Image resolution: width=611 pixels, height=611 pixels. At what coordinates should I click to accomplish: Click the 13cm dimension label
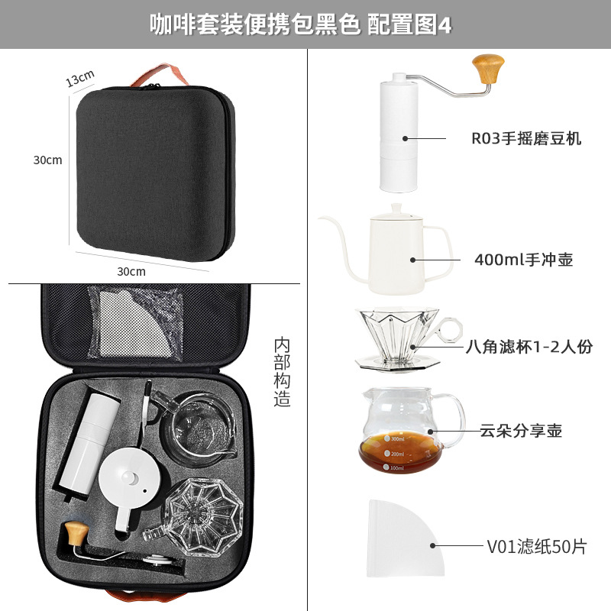(80, 78)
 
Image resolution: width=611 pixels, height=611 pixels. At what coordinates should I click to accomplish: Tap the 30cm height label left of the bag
(47, 160)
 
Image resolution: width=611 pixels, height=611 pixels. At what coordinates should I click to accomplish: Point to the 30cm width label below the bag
(131, 271)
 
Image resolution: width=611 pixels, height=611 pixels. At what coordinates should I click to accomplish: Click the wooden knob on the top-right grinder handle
(488, 69)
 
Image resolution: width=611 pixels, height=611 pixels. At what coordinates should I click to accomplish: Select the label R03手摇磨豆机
(526, 138)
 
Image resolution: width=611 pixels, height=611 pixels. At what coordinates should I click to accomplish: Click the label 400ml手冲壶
(523, 260)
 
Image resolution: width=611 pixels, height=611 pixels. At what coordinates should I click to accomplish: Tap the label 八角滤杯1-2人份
(529, 347)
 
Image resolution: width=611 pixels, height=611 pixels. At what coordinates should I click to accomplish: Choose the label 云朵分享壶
(521, 431)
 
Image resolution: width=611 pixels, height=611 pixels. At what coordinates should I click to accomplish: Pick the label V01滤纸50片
(537, 546)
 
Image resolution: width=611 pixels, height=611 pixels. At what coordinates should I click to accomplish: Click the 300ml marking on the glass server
(395, 438)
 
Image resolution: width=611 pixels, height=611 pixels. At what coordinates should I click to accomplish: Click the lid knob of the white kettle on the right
(396, 209)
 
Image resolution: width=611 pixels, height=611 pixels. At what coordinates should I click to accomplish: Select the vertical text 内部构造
(282, 372)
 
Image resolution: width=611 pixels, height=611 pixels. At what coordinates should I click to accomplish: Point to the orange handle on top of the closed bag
(160, 75)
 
